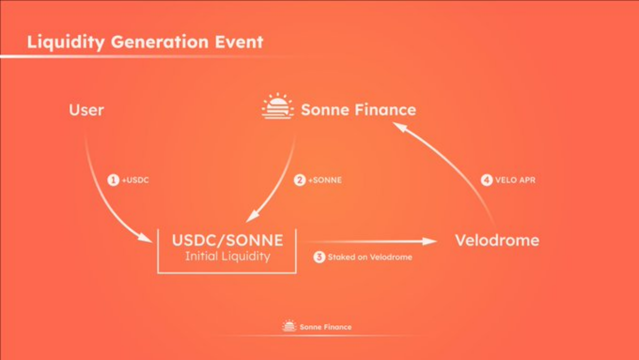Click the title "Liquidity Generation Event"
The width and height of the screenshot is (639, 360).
click(145, 41)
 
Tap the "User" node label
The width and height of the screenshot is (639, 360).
click(86, 110)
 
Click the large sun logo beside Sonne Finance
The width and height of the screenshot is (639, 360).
click(277, 106)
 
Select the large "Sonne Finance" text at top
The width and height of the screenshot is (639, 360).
click(358, 110)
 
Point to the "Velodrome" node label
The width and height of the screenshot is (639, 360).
click(497, 240)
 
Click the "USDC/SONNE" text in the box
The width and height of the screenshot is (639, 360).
click(227, 240)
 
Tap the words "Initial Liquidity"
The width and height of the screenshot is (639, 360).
click(227, 257)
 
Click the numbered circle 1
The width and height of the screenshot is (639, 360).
click(113, 180)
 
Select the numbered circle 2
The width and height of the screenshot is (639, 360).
click(299, 180)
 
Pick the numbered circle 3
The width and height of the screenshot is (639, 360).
click(319, 257)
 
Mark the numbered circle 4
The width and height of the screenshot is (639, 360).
click(486, 180)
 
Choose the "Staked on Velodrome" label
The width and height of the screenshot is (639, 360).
click(370, 257)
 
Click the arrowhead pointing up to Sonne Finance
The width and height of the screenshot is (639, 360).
click(398, 126)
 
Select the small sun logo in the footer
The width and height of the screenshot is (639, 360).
click(289, 326)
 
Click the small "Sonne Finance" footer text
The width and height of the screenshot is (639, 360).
click(325, 327)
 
